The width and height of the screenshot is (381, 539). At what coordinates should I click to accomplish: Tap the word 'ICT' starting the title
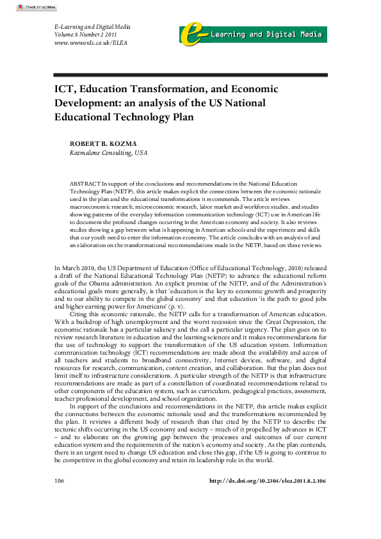(63, 90)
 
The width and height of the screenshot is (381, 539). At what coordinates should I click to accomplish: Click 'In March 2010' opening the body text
(74, 267)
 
